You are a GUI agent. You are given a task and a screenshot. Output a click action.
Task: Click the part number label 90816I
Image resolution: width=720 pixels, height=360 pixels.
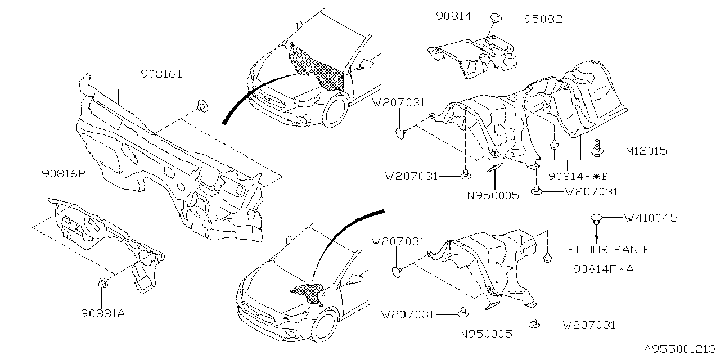161,74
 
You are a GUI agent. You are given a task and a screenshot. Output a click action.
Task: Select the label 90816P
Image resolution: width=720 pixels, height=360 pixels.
63,174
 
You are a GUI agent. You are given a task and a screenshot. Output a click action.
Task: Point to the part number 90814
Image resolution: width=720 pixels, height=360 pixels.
453,17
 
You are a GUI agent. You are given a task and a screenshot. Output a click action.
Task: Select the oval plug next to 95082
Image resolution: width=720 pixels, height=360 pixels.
496,20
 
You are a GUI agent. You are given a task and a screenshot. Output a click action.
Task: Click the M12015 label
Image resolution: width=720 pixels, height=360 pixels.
646,151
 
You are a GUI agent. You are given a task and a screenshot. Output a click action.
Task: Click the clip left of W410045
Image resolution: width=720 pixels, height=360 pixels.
597,219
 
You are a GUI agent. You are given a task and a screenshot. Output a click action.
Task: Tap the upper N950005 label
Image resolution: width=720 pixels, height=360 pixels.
493,196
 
